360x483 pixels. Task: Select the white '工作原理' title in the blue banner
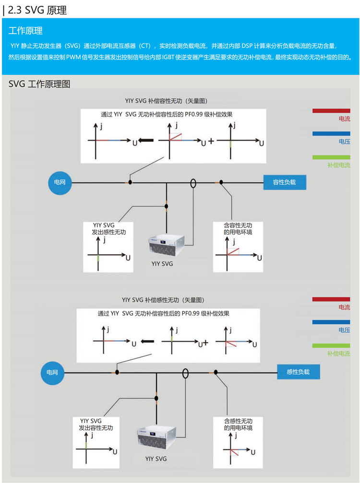(25, 31)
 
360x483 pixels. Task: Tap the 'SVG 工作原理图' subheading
(39, 84)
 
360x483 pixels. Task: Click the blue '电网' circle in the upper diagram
(60, 182)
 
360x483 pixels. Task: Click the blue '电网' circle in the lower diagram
(52, 372)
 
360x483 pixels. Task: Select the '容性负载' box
(284, 182)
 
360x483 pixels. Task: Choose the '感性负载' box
(298, 372)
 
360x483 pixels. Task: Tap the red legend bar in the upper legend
(331, 110)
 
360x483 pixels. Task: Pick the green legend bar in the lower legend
(331, 345)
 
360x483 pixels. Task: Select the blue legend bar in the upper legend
(331, 134)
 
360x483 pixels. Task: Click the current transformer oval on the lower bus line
(185, 373)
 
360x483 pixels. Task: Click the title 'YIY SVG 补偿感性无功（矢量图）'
(163, 300)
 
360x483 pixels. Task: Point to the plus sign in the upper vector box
(211, 141)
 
